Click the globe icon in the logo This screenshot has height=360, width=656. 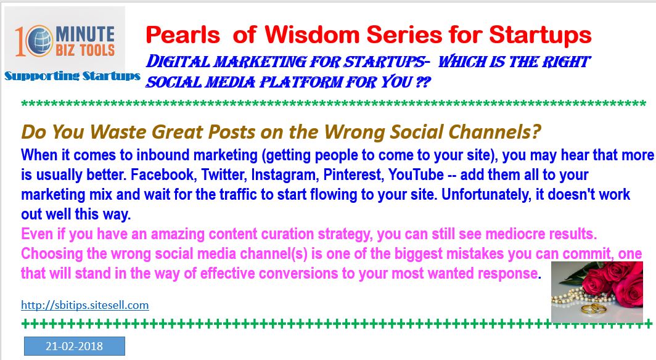click(x=39, y=41)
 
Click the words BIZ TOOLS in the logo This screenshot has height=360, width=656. click(x=85, y=50)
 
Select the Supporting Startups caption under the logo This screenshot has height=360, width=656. click(x=72, y=76)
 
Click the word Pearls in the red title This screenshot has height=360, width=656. click(x=183, y=35)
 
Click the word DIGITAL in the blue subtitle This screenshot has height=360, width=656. click(x=178, y=62)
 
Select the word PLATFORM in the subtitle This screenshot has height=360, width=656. click(x=299, y=82)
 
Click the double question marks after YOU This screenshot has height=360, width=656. click(x=423, y=82)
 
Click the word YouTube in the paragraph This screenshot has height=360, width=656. click(x=416, y=175)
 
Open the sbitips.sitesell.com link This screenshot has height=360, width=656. click(x=85, y=305)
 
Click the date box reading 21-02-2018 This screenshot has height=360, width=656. click(x=75, y=346)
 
